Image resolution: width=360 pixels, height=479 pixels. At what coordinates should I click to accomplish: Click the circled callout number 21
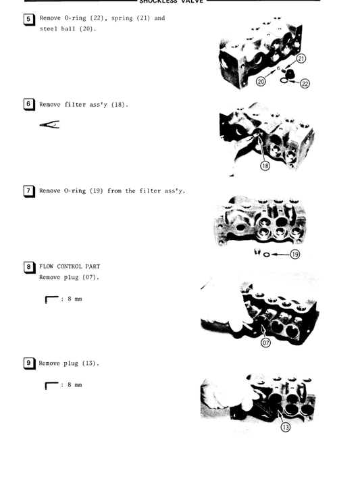(x=301, y=59)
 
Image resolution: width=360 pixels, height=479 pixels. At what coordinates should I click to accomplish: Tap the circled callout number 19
(x=295, y=254)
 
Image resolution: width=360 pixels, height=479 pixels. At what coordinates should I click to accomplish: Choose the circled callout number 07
(x=265, y=343)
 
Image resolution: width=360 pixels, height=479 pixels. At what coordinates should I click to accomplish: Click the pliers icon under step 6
(x=49, y=124)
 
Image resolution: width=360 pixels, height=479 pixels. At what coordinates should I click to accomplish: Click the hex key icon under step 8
(x=51, y=299)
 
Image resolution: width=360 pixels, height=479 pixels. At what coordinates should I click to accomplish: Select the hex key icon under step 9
(x=51, y=386)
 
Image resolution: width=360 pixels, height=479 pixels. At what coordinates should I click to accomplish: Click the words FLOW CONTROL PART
(x=69, y=266)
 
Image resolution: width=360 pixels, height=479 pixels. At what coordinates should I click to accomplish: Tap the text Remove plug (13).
(x=69, y=363)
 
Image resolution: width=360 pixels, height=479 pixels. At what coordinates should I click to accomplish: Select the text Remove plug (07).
(x=69, y=277)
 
